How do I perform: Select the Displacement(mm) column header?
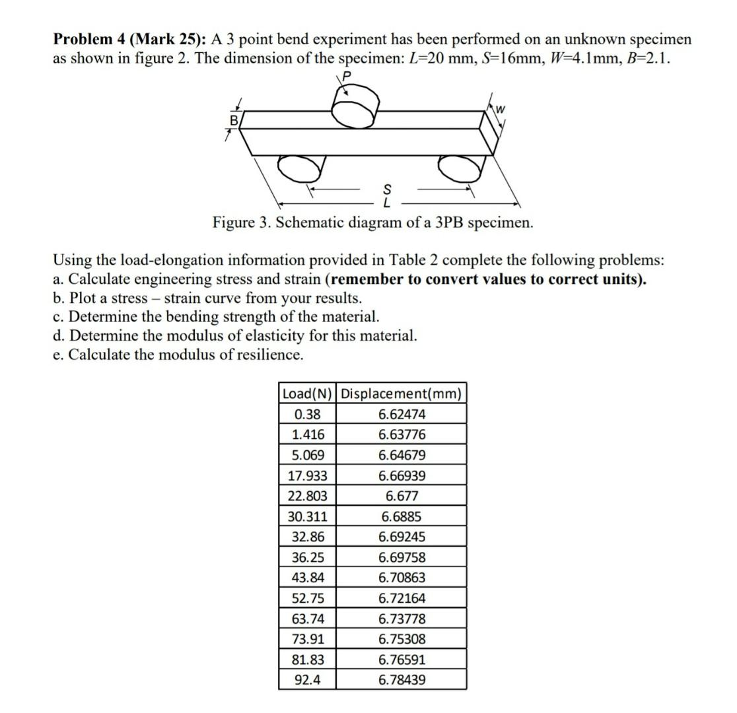401,393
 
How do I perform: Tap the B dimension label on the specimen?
232,121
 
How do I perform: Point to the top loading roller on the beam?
355,108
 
